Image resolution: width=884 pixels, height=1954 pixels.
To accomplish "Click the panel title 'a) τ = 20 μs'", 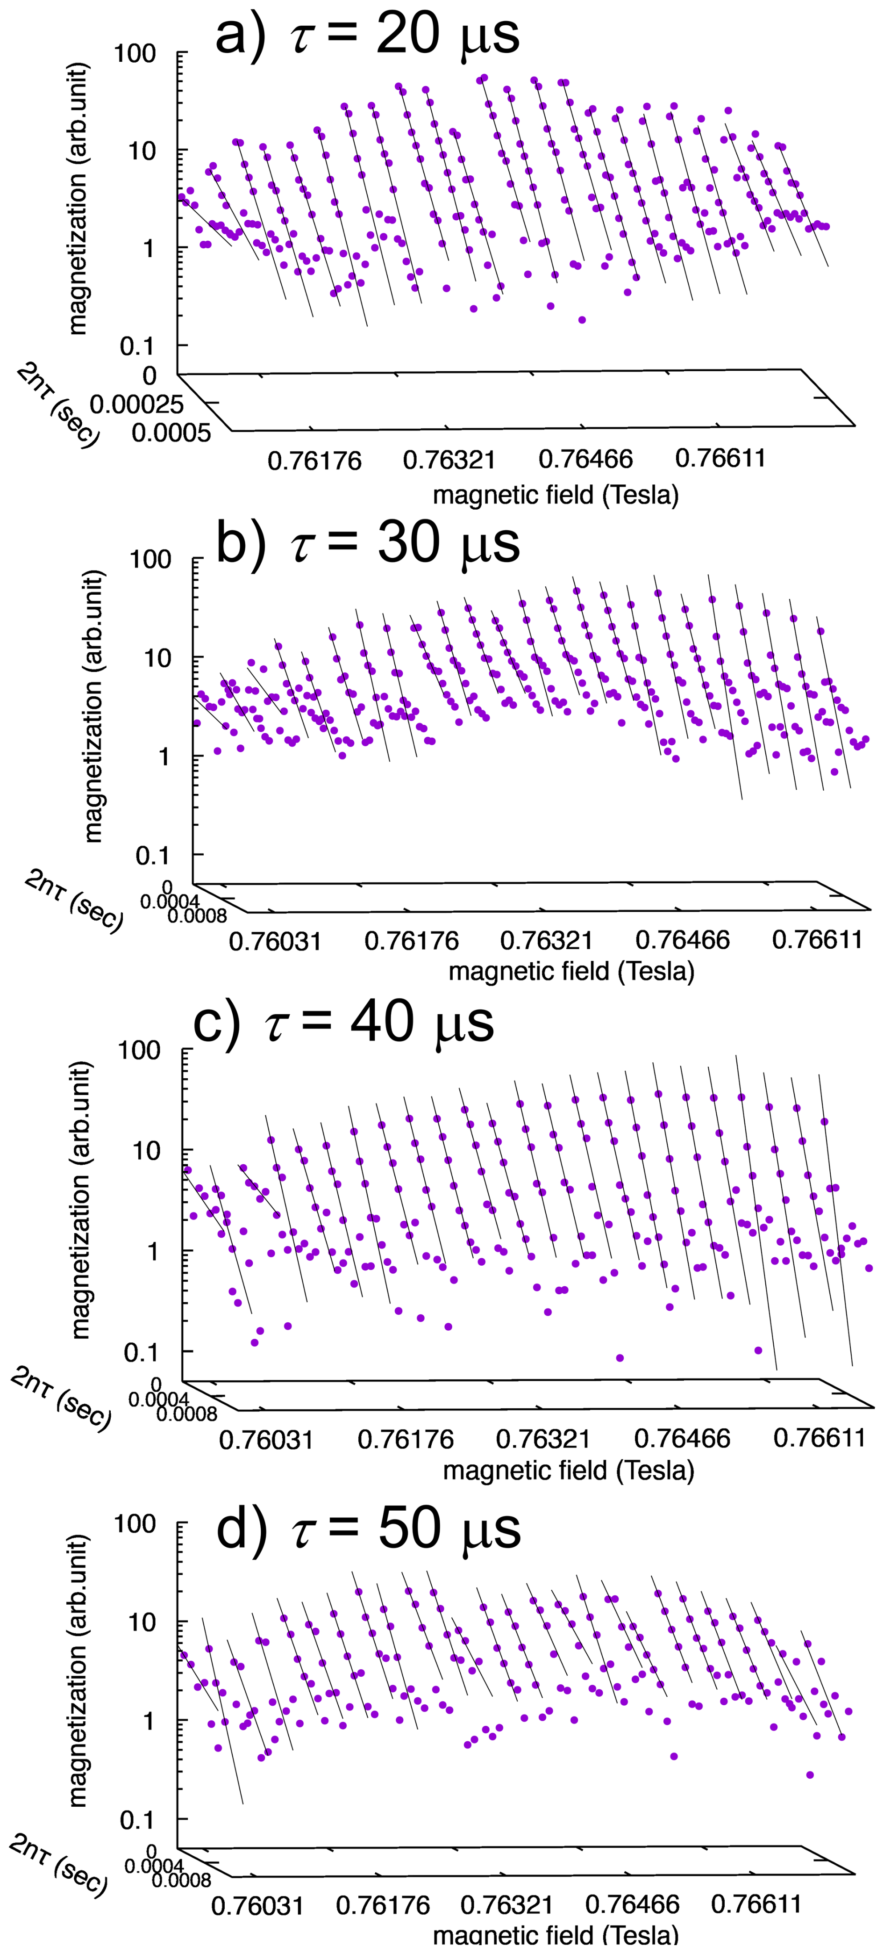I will point(368,34).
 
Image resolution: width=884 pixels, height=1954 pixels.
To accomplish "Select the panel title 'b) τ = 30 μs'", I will point(368,543).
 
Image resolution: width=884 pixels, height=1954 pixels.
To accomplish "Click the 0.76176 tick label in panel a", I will point(314,461).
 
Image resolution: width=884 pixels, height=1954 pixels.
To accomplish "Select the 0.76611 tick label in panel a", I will point(720,458).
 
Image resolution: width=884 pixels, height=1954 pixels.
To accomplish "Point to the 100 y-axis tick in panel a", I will point(135,53).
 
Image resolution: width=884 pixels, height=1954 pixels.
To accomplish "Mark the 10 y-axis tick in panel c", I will point(146,1151).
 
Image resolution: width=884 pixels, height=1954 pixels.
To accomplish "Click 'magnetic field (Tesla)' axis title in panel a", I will point(556,495).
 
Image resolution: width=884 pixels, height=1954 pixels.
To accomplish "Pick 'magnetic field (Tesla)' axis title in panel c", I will point(569,1470).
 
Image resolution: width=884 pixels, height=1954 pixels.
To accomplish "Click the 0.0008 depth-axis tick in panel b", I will point(197,916).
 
